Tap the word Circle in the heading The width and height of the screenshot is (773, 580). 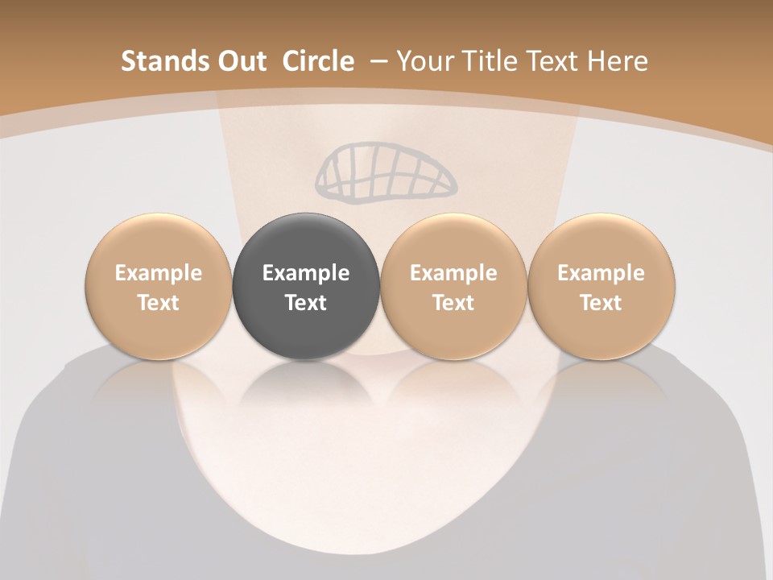point(318,61)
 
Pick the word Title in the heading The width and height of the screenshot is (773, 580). point(484,61)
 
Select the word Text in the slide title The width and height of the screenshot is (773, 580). point(550,61)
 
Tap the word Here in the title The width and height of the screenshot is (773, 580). point(617,61)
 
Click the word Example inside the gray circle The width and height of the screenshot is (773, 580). point(306,273)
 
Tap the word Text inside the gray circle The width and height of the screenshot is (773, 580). point(306,303)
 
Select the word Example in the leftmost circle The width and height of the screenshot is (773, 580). point(158,273)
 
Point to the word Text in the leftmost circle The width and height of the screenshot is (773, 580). point(158,303)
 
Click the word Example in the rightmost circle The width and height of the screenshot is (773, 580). point(601,273)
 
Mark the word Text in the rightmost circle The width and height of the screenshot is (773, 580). point(601,303)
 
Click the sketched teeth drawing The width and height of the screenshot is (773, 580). point(385,172)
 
